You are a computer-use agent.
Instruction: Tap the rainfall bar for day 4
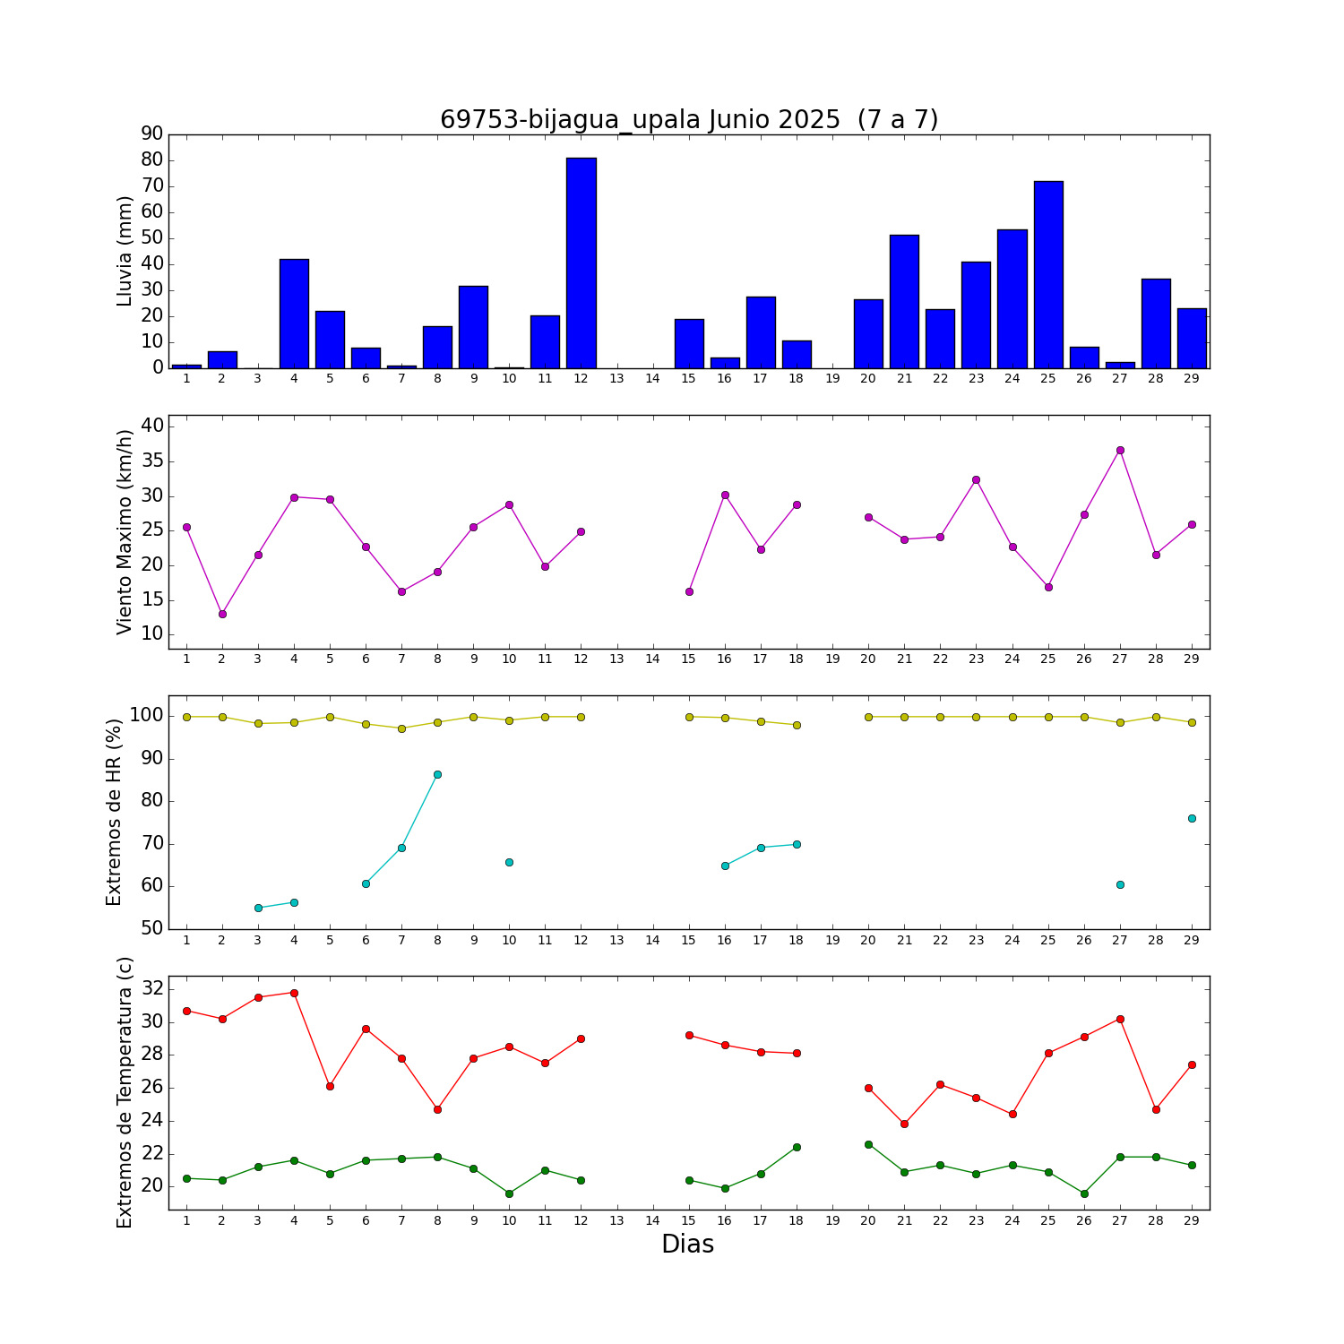294,314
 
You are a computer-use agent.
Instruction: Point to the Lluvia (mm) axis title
125,251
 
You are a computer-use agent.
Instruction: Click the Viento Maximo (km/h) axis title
125,532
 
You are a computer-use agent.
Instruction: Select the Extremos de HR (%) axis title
114,812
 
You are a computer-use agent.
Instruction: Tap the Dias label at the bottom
687,1245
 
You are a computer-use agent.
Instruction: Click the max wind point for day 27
1120,450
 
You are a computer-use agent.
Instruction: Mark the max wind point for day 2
222,614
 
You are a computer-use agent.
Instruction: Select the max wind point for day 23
976,479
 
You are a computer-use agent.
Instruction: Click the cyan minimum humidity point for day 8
437,774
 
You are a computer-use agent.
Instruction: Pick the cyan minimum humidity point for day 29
1192,818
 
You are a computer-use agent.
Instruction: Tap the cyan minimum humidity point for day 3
258,908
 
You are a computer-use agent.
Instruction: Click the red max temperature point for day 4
294,993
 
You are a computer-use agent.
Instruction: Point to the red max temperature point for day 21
904,1124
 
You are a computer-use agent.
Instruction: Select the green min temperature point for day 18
797,1147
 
